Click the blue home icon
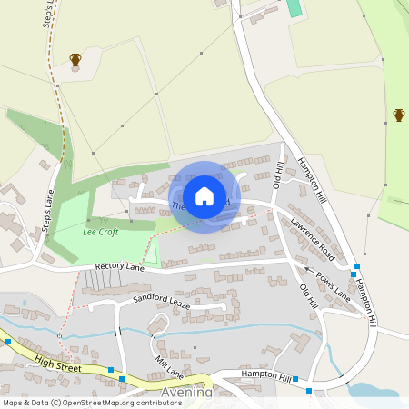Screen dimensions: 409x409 click(x=204, y=196)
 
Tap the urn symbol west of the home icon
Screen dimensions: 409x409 click(x=75, y=60)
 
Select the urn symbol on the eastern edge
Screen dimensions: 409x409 click(x=399, y=115)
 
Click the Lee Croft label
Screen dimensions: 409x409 click(x=100, y=232)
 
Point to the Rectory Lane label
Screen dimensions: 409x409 click(x=120, y=267)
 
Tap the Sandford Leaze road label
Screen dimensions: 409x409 click(x=162, y=301)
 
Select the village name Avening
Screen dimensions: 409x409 click(x=186, y=393)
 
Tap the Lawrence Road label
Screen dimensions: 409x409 click(x=313, y=239)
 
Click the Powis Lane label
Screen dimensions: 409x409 click(x=333, y=284)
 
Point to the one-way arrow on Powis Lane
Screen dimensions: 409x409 click(x=306, y=270)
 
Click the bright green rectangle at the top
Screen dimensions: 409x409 click(x=294, y=8)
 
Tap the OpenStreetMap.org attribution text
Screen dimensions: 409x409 click(x=107, y=402)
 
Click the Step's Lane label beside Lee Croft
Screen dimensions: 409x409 click(x=49, y=212)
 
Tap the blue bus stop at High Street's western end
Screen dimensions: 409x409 click(x=7, y=342)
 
